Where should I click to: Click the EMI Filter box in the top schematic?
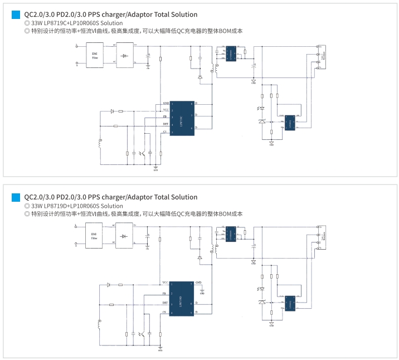click(95, 56)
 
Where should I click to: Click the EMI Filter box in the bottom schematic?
click(95, 236)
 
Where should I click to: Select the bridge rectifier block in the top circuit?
click(125, 56)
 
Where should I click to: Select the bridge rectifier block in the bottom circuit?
click(125, 236)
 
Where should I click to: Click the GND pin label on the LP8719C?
click(166, 104)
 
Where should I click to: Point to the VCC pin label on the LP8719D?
click(166, 283)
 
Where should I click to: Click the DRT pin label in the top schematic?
click(166, 124)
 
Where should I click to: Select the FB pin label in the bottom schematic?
click(165, 293)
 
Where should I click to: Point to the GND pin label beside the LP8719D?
click(198, 283)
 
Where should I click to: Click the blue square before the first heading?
click(16, 15)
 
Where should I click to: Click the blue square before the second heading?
click(16, 197)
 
